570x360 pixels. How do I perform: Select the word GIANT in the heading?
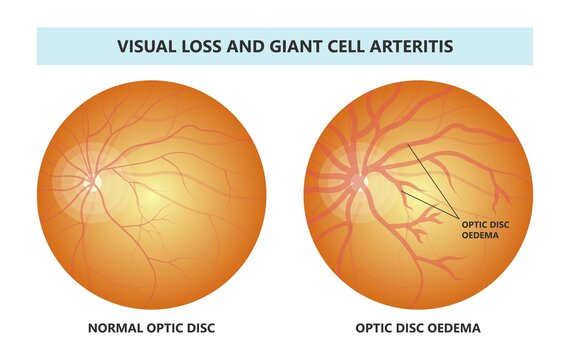coord(287,46)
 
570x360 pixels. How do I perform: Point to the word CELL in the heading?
coord(342,46)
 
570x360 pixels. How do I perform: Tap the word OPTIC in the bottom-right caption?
coord(376,326)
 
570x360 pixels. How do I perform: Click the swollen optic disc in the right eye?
coord(358,182)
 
